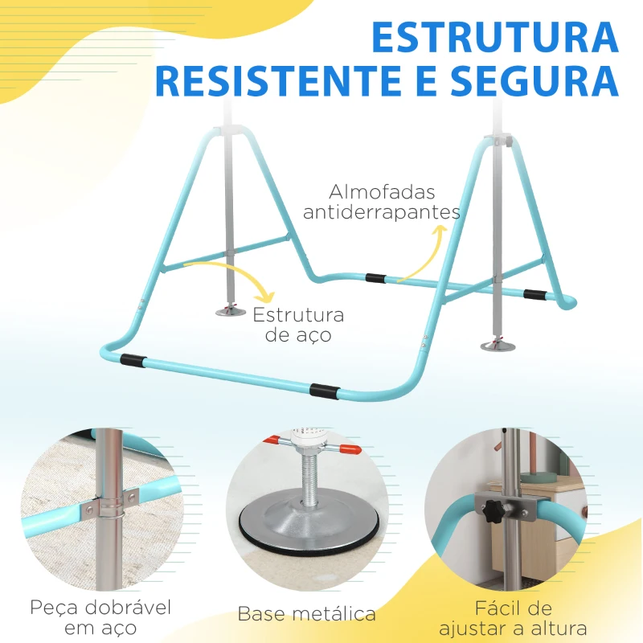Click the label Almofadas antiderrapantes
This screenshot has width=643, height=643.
pos(393,203)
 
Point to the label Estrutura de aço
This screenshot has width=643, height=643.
pos(298,325)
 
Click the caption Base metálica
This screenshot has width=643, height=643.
pos(306,615)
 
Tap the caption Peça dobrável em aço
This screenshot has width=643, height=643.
pos(101,616)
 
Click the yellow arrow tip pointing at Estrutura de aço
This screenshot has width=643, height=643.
pos(268,298)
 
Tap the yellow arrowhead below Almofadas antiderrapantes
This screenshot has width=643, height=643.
pos(439,231)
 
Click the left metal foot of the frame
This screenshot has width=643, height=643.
pos(230,309)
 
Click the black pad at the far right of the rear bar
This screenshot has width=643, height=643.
pos(534,294)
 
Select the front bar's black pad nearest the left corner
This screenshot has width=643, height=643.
pos(134,358)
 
